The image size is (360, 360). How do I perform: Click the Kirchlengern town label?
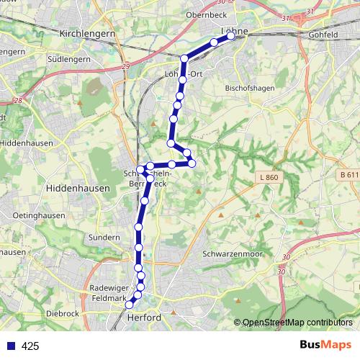click(x=89, y=33)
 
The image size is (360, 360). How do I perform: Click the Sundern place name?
click(x=104, y=237)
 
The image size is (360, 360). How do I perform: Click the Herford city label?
click(x=143, y=318)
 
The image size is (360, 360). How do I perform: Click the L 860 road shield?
click(x=268, y=176)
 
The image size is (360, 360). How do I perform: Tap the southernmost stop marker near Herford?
click(x=130, y=306)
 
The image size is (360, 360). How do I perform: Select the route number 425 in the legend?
click(x=30, y=346)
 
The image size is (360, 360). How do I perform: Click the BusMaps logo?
click(x=326, y=346)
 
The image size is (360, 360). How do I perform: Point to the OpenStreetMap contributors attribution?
click(x=297, y=323)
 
